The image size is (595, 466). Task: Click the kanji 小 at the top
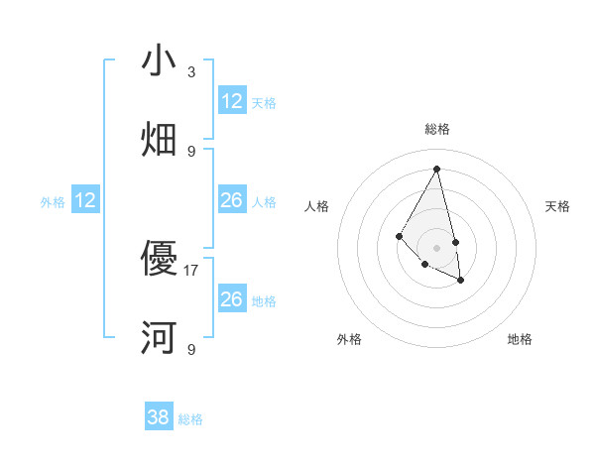(x=159, y=60)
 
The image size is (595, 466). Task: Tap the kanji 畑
(x=159, y=139)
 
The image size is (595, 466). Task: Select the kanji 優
(x=159, y=259)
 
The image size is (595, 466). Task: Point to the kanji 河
(x=159, y=337)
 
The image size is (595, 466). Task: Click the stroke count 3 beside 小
(x=191, y=72)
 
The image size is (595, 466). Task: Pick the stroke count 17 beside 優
(x=191, y=270)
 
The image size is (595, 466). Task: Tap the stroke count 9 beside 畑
(x=191, y=151)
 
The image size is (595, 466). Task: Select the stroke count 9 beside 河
(x=191, y=349)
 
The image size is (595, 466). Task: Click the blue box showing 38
(x=159, y=417)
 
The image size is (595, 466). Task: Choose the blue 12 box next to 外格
(x=85, y=201)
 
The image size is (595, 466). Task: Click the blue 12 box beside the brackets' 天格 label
(x=232, y=101)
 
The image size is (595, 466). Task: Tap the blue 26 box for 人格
(x=232, y=201)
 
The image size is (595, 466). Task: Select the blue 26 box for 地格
(x=232, y=299)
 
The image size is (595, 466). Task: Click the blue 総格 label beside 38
(x=190, y=419)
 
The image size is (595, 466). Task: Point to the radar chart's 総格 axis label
(x=437, y=129)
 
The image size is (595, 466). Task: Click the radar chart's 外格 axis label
(x=349, y=339)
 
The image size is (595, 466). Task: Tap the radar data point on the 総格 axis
(x=436, y=169)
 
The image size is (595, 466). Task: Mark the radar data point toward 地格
(x=461, y=281)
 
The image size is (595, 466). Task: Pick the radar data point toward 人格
(x=399, y=236)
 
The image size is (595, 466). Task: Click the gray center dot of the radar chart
(x=436, y=247)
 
